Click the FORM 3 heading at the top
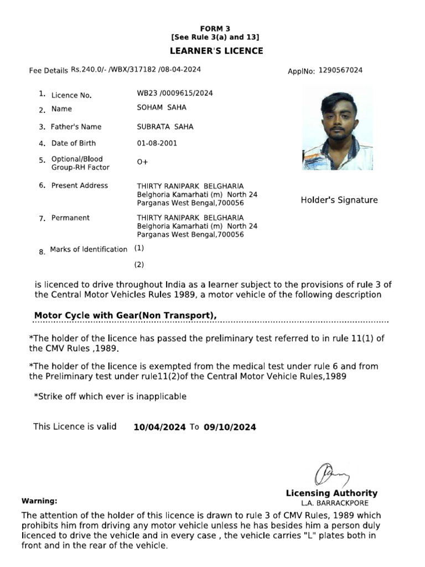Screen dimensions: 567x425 pyautogui.click(x=215, y=28)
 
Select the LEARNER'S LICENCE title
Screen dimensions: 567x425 pyautogui.click(x=216, y=51)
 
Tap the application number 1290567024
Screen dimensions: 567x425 pyautogui.click(x=341, y=70)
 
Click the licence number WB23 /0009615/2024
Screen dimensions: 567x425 pyautogui.click(x=175, y=93)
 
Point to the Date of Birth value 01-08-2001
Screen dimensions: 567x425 pyautogui.click(x=158, y=143)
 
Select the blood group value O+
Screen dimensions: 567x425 pyautogui.click(x=142, y=162)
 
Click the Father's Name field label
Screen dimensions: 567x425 pyautogui.click(x=76, y=127)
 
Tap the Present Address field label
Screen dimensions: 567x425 pyautogui.click(x=79, y=185)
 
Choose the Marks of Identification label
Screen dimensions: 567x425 pyautogui.click(x=89, y=250)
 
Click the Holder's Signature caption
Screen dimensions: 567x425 pyautogui.click(x=339, y=200)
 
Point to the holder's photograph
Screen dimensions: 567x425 pyautogui.click(x=337, y=128)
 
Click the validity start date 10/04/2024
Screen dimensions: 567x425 pyautogui.click(x=159, y=427)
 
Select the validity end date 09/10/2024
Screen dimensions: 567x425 pyautogui.click(x=230, y=427)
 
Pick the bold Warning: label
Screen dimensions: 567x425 pyautogui.click(x=39, y=501)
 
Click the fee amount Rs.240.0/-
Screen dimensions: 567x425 pyautogui.click(x=91, y=70)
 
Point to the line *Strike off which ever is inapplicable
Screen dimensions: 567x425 pyautogui.click(x=110, y=396)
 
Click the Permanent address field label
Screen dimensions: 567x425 pyautogui.click(x=70, y=218)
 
